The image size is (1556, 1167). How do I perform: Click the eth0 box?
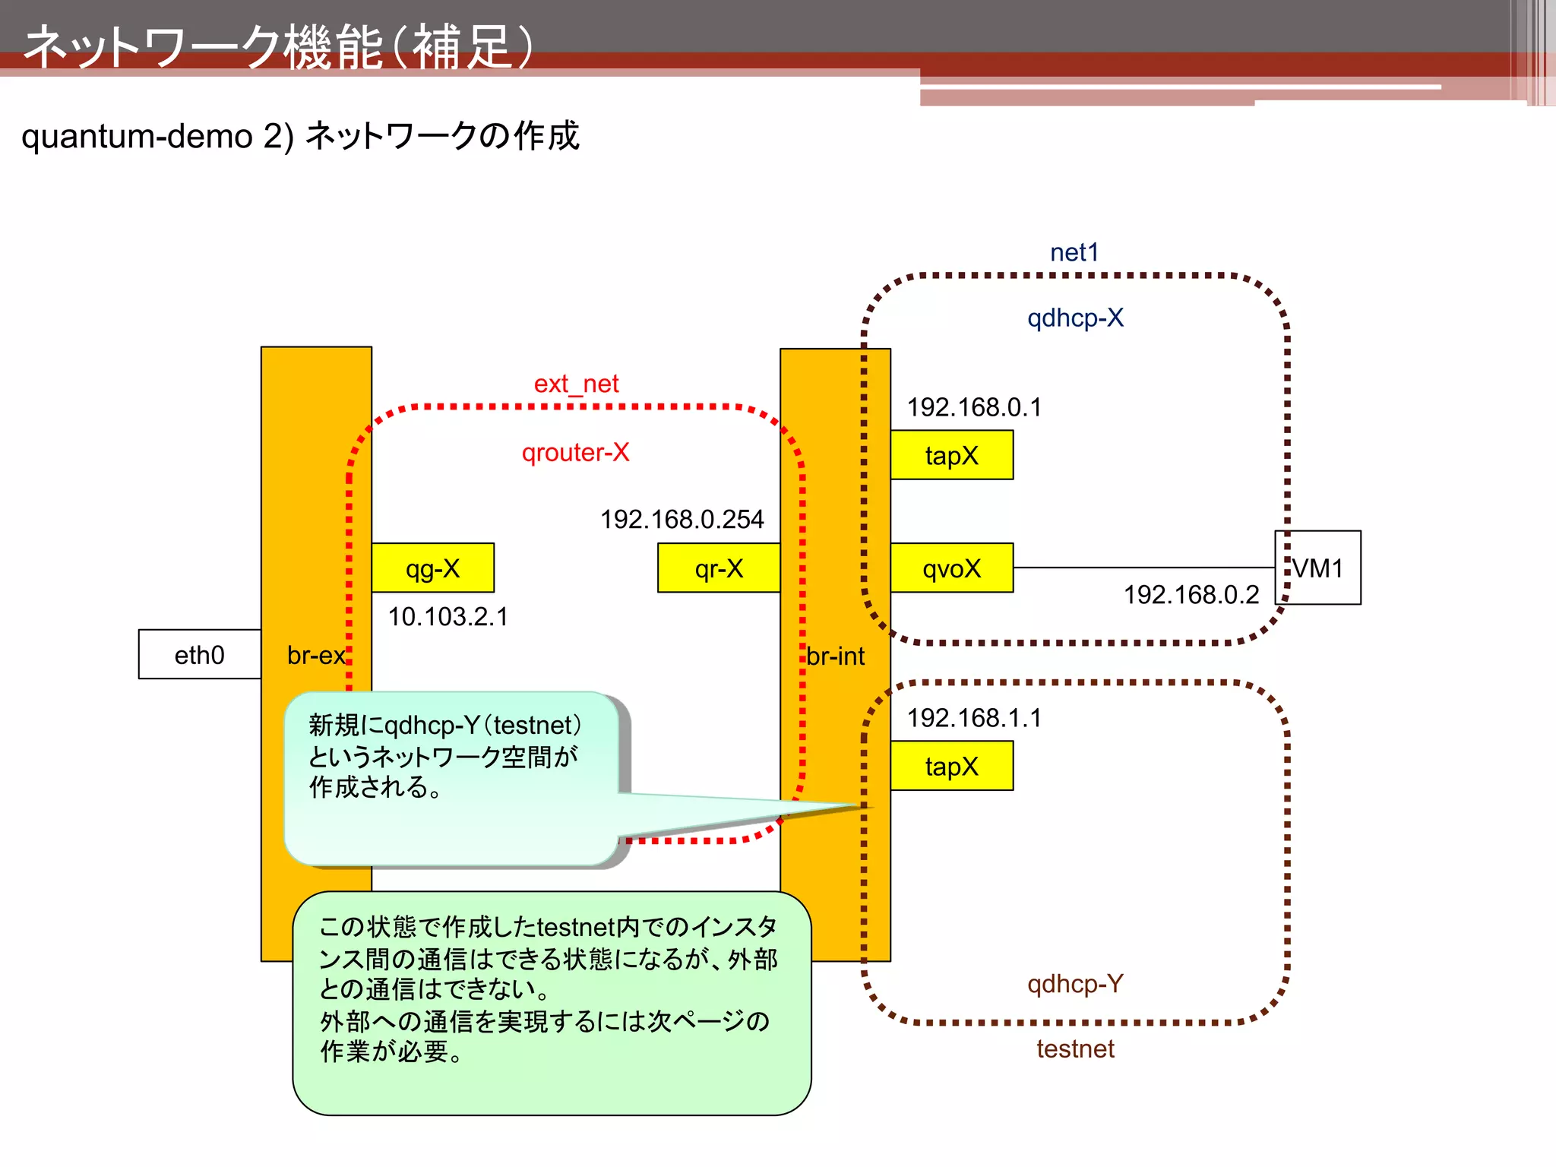(199, 654)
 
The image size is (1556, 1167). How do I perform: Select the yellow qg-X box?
(432, 568)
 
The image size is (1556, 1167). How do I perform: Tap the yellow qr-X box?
(719, 568)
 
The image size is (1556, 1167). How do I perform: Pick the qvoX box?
(951, 568)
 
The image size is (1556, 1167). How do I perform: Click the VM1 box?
(1318, 568)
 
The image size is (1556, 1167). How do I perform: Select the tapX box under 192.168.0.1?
(951, 455)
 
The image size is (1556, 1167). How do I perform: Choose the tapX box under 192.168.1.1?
(951, 766)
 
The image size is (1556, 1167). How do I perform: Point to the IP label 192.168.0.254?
(682, 520)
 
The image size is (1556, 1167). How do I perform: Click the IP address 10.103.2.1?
(448, 617)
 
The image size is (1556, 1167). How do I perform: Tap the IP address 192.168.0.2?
(1191, 595)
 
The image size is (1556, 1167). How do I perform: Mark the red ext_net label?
(576, 384)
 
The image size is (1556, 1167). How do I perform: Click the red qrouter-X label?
(575, 453)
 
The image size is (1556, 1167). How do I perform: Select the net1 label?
(1074, 252)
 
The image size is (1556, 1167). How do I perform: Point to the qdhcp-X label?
(1074, 318)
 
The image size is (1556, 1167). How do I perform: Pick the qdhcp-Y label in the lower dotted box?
(1074, 984)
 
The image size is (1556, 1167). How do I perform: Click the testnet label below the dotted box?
(1074, 1049)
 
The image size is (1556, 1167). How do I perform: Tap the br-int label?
(835, 656)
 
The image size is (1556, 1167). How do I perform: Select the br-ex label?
(315, 655)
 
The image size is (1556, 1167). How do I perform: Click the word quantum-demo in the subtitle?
(137, 137)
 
